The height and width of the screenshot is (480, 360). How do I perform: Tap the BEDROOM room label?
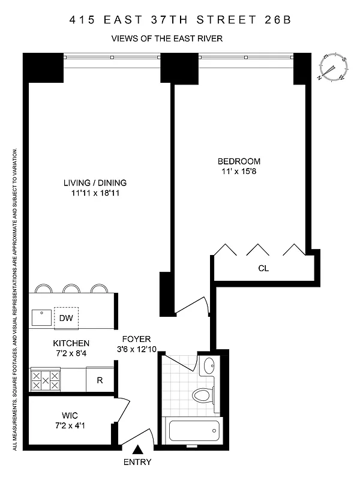tap(239, 161)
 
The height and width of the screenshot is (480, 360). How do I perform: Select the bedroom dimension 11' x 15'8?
tap(239, 172)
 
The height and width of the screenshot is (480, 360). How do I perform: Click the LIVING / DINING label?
tap(95, 183)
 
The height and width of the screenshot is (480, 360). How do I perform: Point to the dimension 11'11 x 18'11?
tap(95, 193)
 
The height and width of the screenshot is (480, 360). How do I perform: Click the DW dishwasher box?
tap(65, 319)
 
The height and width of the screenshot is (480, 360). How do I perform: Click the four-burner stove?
tap(46, 380)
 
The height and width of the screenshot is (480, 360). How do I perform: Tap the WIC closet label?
tap(70, 415)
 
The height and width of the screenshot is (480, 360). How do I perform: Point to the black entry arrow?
tap(137, 449)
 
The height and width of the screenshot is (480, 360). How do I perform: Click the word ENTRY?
tap(137, 462)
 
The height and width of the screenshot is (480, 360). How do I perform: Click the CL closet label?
tap(263, 268)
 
